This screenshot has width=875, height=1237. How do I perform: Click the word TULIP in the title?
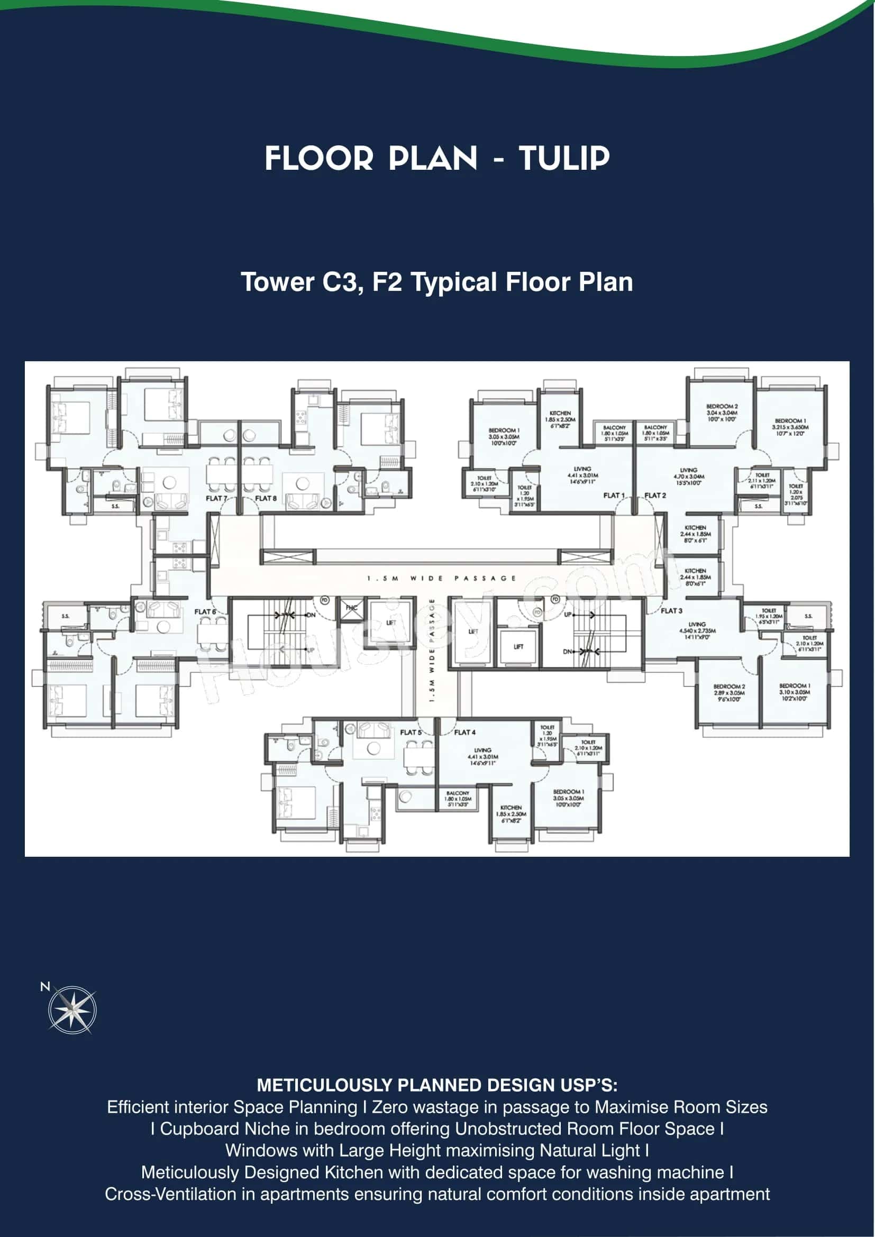563,159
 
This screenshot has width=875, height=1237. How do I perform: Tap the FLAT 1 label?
614,495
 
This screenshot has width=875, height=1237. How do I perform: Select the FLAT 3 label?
671,610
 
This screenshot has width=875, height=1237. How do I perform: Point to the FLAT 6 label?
205,611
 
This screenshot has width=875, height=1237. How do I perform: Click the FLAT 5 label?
411,732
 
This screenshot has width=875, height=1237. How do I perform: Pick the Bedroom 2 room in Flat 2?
722,412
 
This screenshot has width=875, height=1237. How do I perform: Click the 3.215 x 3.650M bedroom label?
790,427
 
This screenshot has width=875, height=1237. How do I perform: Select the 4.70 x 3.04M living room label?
688,477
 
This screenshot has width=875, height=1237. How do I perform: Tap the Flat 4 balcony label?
458,799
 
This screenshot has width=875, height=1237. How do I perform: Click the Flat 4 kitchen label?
511,813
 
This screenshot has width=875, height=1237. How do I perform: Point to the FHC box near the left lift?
351,608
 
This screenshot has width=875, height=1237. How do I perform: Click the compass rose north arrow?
71,1010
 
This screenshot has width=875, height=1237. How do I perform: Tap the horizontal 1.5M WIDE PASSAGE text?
441,578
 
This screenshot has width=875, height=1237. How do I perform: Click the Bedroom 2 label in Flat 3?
728,692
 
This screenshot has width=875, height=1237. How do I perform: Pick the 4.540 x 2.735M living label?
697,630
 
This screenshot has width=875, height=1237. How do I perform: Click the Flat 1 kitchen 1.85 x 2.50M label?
560,419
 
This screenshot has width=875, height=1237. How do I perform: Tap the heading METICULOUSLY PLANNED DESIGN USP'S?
437,1085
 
